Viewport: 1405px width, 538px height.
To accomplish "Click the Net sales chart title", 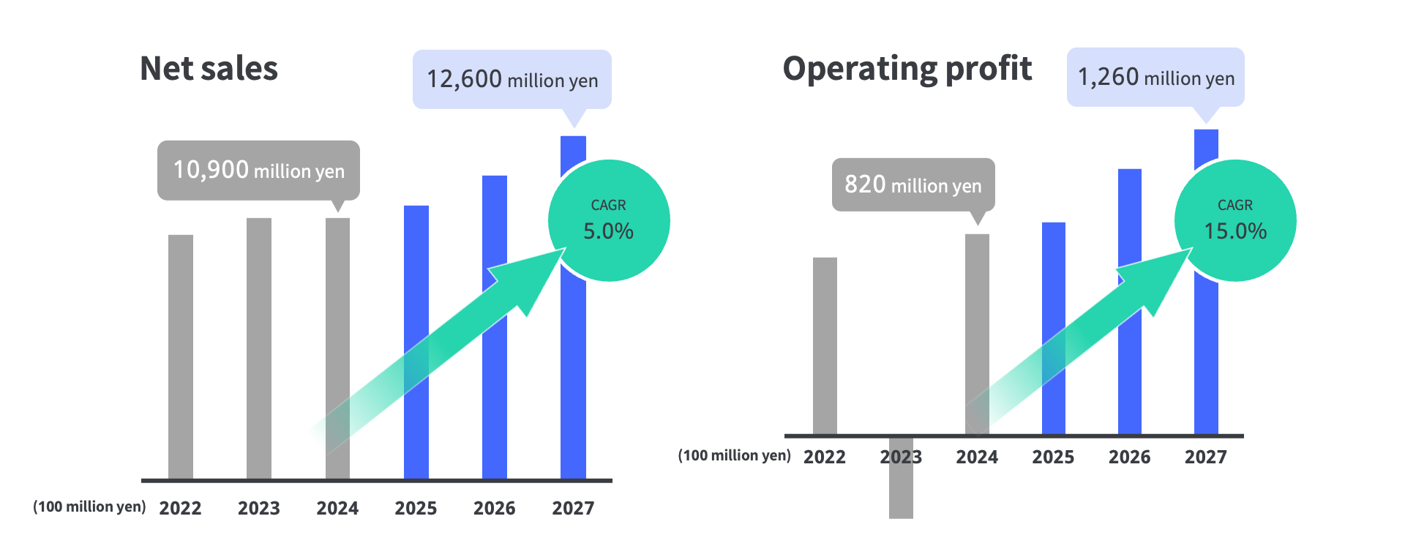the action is pos(209,68).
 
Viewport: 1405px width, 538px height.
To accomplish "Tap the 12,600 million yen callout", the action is pos(512,79).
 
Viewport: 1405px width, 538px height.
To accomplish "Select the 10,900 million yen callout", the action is pos(258,171).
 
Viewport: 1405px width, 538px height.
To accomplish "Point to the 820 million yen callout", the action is pos(913,184).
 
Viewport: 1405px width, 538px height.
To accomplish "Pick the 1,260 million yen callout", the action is pos(1155,77).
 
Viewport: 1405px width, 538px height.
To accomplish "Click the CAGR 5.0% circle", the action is pos(609,220).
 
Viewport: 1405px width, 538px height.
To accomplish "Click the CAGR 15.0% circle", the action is pos(1235,220).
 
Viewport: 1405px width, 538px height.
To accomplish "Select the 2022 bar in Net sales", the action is pos(181,357).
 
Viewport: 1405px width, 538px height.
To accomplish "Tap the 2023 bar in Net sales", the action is pos(259,348).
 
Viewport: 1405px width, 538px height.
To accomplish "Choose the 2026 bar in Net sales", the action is pos(495,327).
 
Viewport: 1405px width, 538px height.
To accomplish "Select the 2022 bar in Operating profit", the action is pos(825,346).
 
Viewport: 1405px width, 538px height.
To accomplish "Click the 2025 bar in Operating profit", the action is pos(1054,329).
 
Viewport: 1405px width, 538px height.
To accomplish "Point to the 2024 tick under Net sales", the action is pos(337,508).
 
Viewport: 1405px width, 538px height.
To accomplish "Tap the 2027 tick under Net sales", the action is pos(573,508).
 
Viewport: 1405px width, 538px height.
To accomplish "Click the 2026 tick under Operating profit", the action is pos(1129,457).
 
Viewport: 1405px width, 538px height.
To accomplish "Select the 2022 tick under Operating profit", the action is pos(825,457).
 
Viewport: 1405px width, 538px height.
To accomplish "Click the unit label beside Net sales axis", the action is pos(89,507).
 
